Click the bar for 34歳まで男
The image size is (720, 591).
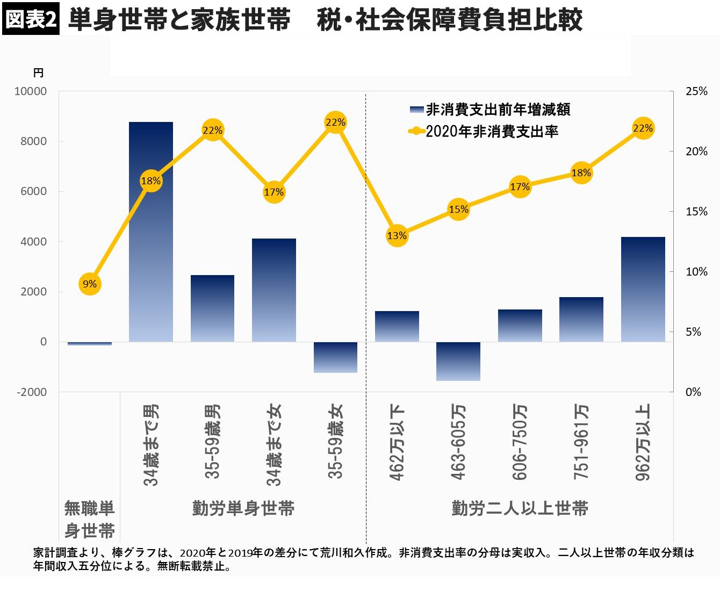click(151, 231)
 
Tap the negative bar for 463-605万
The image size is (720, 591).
click(458, 361)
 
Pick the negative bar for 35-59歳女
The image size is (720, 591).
click(335, 357)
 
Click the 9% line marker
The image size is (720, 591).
click(90, 284)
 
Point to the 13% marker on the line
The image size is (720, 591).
click(397, 235)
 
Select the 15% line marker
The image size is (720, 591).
click(458, 209)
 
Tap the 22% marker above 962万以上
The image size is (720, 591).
click(643, 128)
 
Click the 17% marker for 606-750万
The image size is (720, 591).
click(520, 186)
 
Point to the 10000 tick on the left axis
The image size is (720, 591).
click(31, 91)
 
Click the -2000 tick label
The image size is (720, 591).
click(32, 392)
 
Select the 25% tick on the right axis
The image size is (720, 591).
click(696, 91)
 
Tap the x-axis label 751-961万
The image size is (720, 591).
click(581, 442)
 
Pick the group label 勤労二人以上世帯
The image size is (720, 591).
click(520, 508)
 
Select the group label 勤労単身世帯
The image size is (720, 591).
click(243, 508)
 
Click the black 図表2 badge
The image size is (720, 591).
click(31, 19)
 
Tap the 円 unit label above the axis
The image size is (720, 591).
click(38, 73)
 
